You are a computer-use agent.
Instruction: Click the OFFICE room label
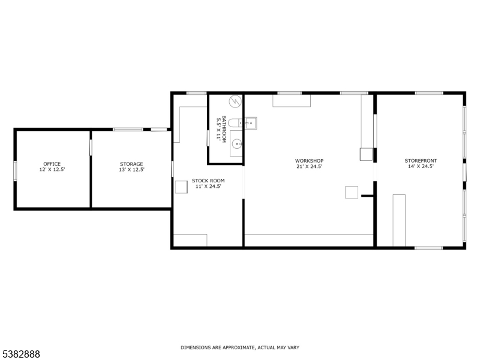pyautogui.click(x=52, y=164)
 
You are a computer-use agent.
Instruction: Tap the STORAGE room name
pyautogui.click(x=131, y=164)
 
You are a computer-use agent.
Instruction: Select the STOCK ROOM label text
pyautogui.click(x=208, y=181)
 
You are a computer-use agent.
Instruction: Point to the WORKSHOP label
pyautogui.click(x=309, y=160)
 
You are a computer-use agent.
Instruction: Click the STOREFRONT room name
pyautogui.click(x=421, y=160)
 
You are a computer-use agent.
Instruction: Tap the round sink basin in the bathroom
pyautogui.click(x=237, y=143)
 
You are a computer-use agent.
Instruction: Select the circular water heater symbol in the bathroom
pyautogui.click(x=235, y=101)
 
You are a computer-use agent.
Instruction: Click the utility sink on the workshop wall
pyautogui.click(x=251, y=123)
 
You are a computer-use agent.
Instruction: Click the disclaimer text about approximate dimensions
pyautogui.click(x=240, y=347)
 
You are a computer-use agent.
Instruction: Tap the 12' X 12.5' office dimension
pyautogui.click(x=52, y=170)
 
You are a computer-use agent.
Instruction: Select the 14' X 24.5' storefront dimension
pyautogui.click(x=421, y=166)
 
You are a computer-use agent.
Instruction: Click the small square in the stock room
pyautogui.click(x=181, y=187)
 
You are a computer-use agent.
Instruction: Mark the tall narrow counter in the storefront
pyautogui.click(x=399, y=220)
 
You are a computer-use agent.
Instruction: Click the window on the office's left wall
pyautogui.click(x=16, y=170)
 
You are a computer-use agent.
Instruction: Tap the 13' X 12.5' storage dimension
pyautogui.click(x=131, y=170)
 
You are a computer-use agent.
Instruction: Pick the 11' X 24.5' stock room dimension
pyautogui.click(x=208, y=187)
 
